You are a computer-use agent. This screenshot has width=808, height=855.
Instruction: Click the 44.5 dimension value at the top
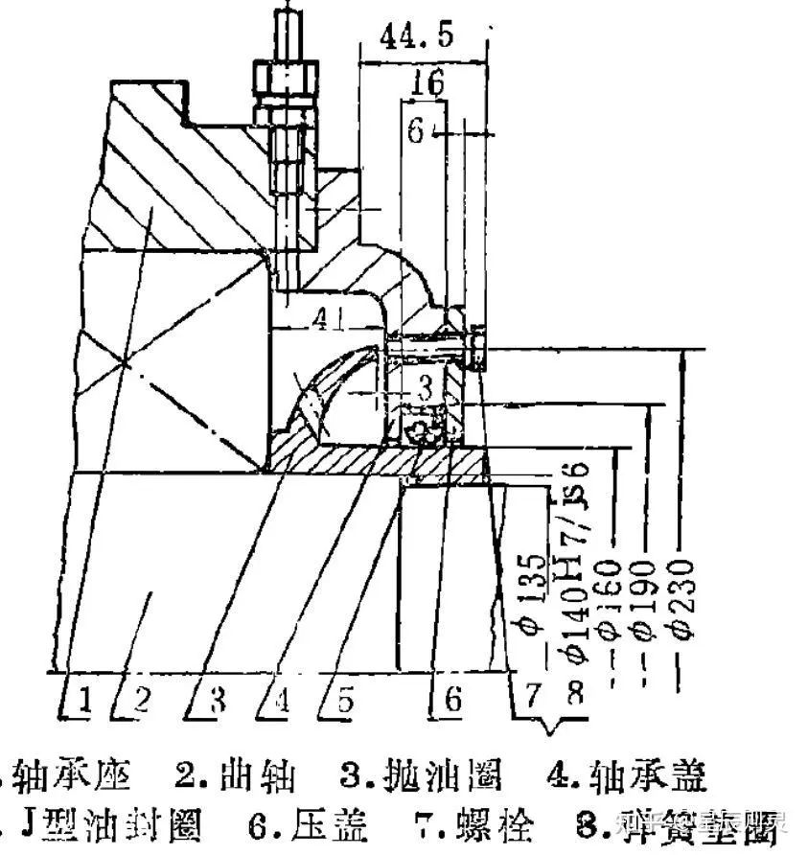pos(417,37)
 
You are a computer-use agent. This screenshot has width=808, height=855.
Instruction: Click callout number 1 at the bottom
pos(85,700)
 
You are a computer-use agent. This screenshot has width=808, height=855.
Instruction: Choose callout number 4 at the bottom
pos(282,700)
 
